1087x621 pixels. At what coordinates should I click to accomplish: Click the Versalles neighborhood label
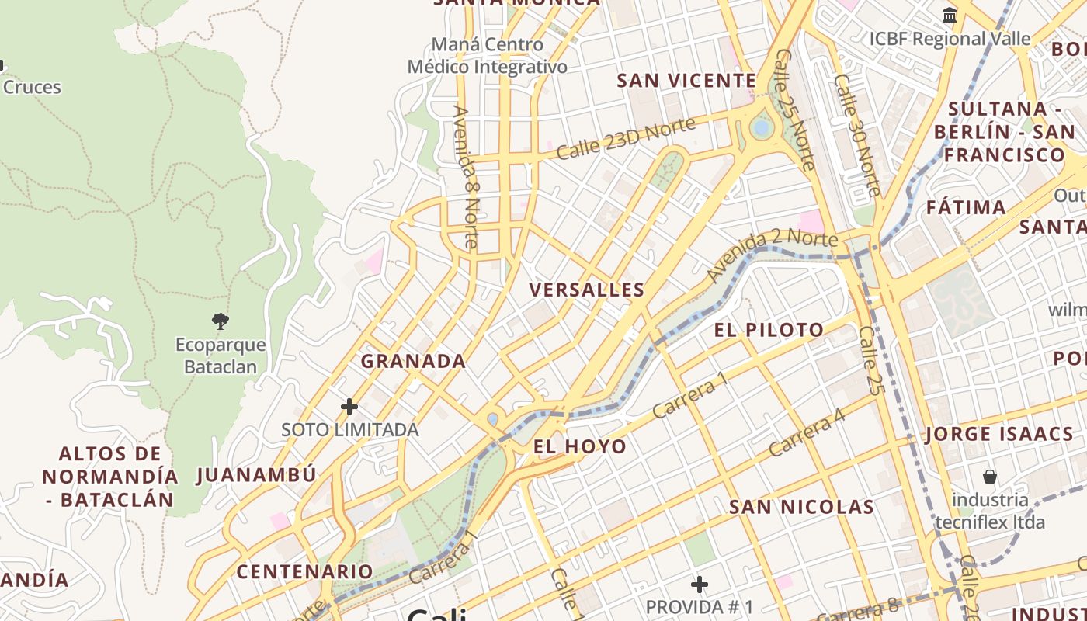[586, 290]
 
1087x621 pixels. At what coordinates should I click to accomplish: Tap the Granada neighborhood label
[413, 361]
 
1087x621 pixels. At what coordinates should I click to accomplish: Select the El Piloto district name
[769, 330]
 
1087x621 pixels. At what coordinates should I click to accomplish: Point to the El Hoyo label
[580, 446]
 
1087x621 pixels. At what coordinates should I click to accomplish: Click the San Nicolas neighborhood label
[801, 508]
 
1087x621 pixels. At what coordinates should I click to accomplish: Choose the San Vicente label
[686, 81]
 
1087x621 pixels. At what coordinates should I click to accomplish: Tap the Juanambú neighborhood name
[256, 475]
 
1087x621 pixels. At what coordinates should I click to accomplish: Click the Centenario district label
[304, 572]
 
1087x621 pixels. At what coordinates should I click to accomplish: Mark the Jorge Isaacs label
[999, 435]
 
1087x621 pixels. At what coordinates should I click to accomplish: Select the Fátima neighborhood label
[966, 208]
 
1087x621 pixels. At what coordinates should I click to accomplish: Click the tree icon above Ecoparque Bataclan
[221, 321]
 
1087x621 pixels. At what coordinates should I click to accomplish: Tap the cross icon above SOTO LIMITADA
[349, 406]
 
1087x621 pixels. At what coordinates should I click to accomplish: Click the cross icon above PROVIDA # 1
[700, 584]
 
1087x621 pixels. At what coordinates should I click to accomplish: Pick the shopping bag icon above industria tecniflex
[990, 476]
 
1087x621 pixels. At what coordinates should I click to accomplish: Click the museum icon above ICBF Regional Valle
[950, 16]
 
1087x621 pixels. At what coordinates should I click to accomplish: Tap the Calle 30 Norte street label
[856, 135]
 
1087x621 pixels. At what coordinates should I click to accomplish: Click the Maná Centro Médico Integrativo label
[488, 56]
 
